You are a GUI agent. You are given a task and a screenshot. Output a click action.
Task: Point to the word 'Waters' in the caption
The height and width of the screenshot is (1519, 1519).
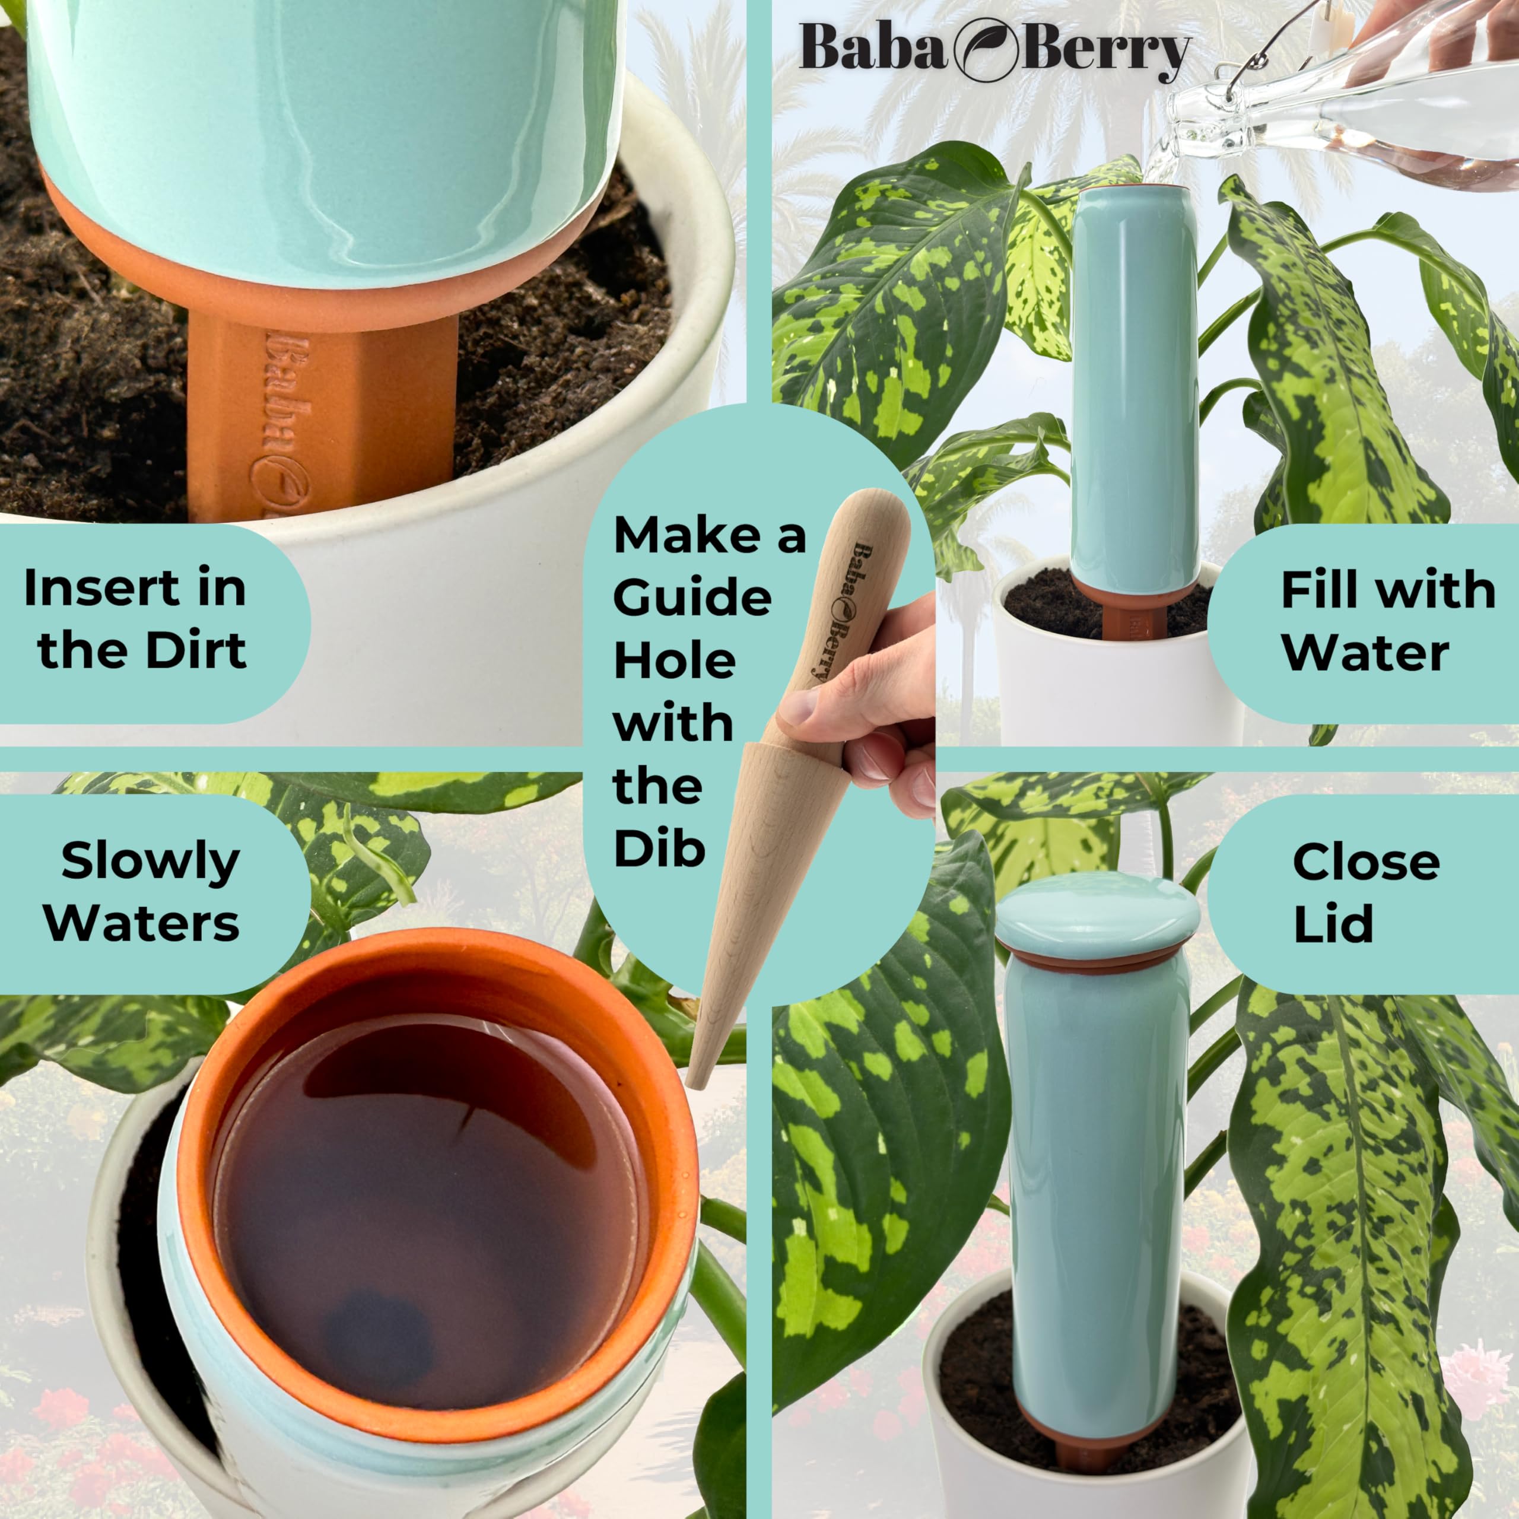point(142,923)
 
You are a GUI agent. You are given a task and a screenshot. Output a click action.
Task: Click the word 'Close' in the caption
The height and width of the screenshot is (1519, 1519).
point(1367,863)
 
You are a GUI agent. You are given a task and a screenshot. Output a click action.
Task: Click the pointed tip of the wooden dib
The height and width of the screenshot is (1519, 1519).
point(692,1086)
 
